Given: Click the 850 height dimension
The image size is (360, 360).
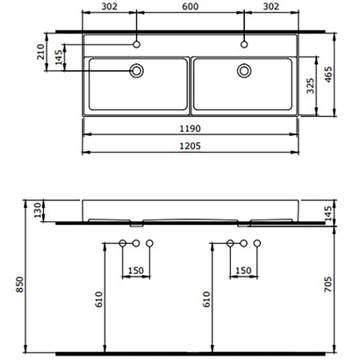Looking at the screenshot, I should coord(9,283).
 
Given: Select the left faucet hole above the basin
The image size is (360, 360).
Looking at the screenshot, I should coord(137,42).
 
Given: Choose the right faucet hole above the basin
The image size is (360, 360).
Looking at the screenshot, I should coord(243,42).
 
